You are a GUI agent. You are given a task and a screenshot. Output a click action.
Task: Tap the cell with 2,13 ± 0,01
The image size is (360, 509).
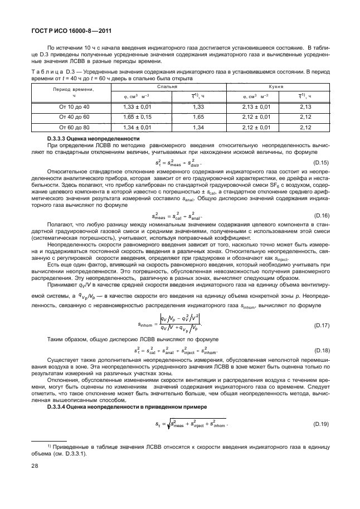tap(252, 106)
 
